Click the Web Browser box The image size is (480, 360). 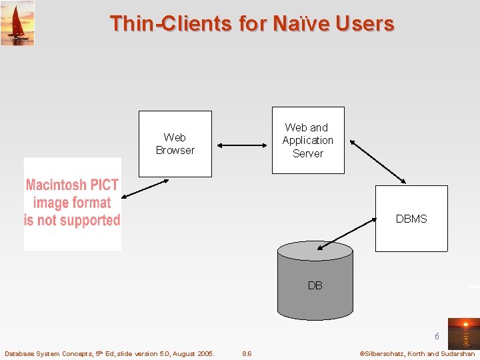[x=175, y=144]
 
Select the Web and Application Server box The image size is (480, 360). [x=307, y=140]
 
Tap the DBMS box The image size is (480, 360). [x=411, y=219]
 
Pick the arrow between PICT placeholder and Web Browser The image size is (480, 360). [x=145, y=187]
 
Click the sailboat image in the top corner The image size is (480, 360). [x=17, y=23]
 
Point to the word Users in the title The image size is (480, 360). [x=365, y=24]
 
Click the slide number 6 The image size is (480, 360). [x=437, y=337]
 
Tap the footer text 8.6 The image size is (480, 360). [x=247, y=353]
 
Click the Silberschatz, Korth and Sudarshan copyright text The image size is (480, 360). [x=417, y=353]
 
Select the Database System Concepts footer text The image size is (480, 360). [x=109, y=353]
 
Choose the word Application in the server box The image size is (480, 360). [x=307, y=140]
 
